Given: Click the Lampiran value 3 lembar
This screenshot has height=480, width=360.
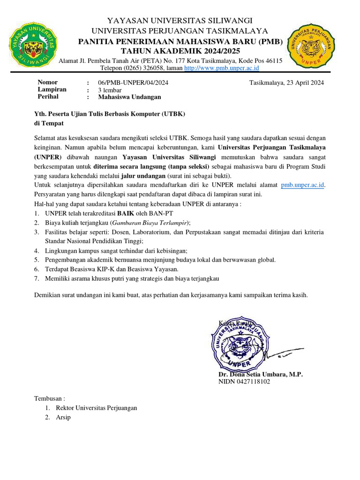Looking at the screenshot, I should click(110, 90).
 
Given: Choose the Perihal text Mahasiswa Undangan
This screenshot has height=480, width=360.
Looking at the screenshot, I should click(129, 97).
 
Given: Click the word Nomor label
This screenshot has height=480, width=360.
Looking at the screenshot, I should click(47, 82).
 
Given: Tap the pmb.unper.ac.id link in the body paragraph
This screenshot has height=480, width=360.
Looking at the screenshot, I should click(302, 185).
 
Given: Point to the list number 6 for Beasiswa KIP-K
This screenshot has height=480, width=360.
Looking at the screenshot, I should click(37, 269).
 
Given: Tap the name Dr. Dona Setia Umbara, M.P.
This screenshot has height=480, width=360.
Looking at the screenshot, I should click(261, 374).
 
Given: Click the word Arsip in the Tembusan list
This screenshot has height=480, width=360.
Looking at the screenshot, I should click(63, 417).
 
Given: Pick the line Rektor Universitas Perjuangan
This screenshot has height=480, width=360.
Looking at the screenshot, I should click(96, 407).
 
